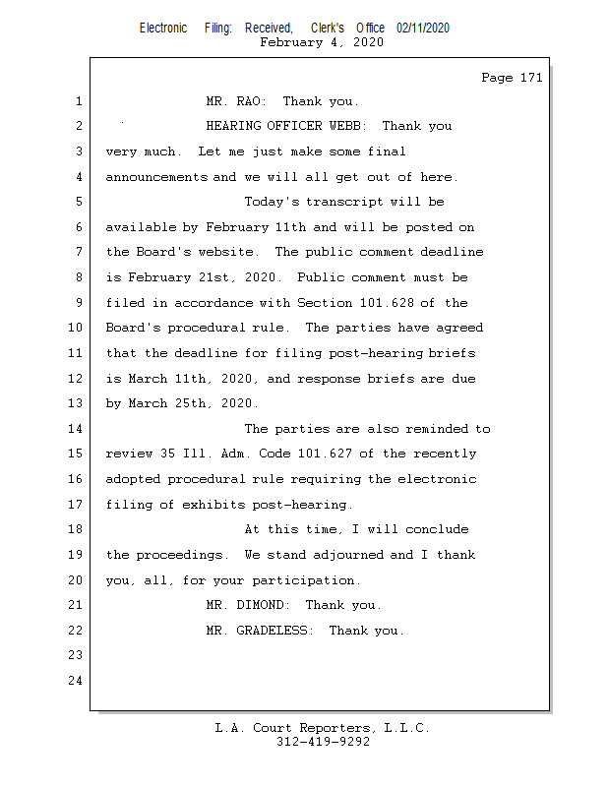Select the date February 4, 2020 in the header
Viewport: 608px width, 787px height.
point(322,42)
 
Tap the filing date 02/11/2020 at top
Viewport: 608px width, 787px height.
point(423,28)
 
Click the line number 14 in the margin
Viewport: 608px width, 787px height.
point(75,429)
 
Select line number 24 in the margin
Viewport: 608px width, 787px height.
point(75,680)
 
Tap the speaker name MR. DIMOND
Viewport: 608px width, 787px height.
point(248,605)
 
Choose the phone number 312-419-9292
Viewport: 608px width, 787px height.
point(323,742)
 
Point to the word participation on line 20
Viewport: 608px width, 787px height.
point(306,579)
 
